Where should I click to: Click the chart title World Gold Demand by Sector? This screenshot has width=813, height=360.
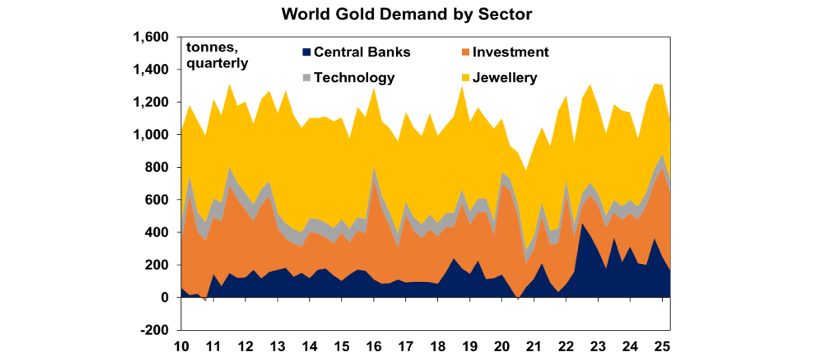406,14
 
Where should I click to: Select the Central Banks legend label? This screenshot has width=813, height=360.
362,52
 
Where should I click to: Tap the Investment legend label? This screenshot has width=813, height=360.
510,52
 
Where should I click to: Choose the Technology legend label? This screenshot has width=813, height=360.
354,78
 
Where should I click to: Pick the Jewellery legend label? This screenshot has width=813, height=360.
505,78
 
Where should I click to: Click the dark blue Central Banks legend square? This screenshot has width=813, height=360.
306,52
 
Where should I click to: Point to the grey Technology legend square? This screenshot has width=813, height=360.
306,78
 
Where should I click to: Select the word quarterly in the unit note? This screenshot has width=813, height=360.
216,64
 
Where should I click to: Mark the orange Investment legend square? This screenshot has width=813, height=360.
465,52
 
